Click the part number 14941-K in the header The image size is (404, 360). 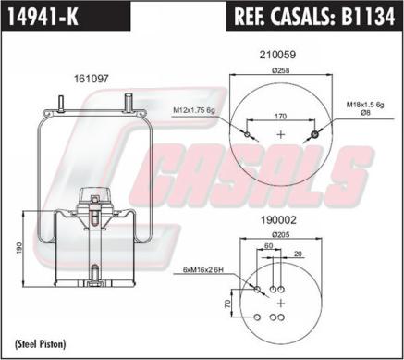coord(43,16)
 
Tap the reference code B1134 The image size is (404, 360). coord(367,16)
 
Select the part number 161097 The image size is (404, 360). coord(92,79)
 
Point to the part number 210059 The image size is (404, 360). coord(277,55)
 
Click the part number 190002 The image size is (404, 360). coord(278,220)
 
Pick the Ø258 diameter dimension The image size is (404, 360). coord(281,70)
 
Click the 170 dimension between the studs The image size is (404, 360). coord(280,116)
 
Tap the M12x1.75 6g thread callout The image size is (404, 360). coord(194,110)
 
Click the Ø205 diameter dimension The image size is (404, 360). coord(281,235)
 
